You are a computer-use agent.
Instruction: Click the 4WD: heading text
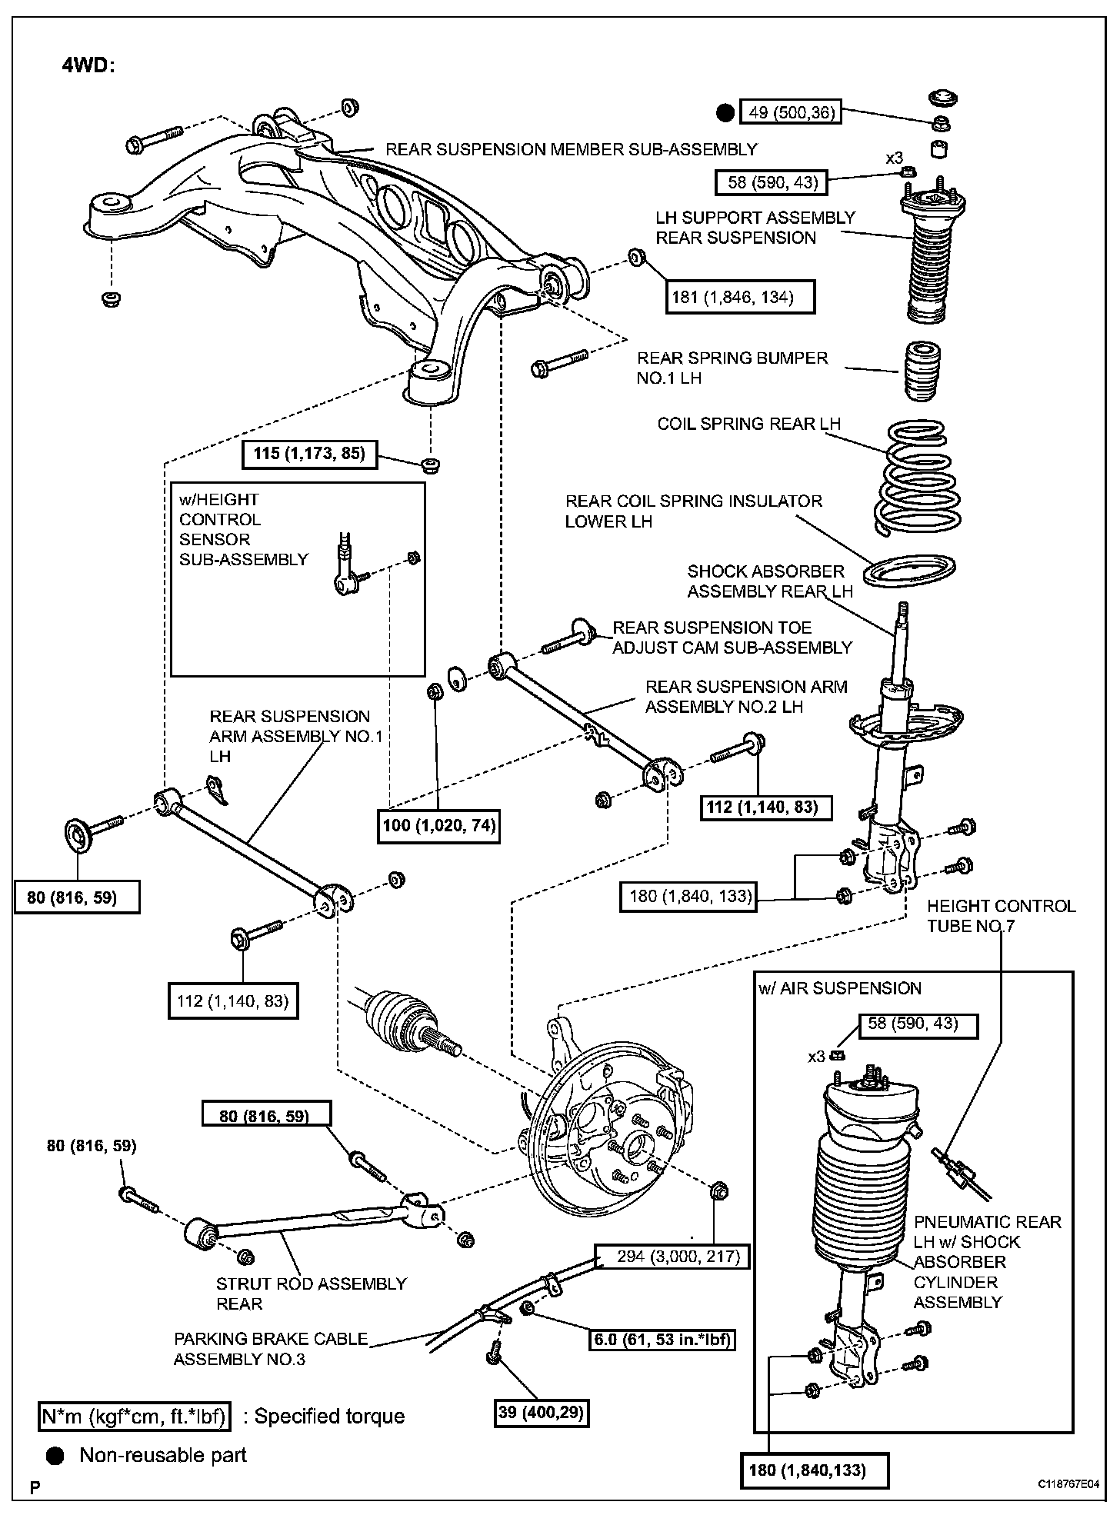88,65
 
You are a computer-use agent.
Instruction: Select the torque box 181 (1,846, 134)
740,297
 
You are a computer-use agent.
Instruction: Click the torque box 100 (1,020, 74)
439,827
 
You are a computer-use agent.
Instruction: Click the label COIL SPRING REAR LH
748,424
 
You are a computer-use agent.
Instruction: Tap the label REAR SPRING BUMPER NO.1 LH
732,368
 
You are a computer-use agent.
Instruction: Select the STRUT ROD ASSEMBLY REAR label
311,1294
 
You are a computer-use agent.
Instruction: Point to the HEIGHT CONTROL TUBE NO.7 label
1001,915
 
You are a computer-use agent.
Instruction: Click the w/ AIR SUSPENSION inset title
840,988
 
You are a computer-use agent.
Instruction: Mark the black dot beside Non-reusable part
56,1455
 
